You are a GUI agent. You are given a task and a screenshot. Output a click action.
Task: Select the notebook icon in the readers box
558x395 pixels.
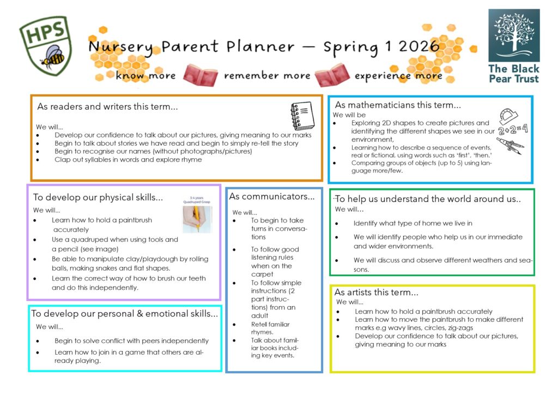coord(302,116)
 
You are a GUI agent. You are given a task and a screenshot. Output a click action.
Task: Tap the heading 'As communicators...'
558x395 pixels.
coord(272,196)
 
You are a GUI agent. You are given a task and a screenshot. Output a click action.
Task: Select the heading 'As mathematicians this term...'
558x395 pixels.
coord(398,105)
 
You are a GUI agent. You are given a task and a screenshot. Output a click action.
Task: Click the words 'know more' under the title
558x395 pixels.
coord(145,76)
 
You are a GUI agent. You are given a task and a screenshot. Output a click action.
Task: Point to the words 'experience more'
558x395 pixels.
coord(398,76)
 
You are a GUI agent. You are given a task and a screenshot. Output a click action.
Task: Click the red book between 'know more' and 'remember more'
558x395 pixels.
coord(200,75)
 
